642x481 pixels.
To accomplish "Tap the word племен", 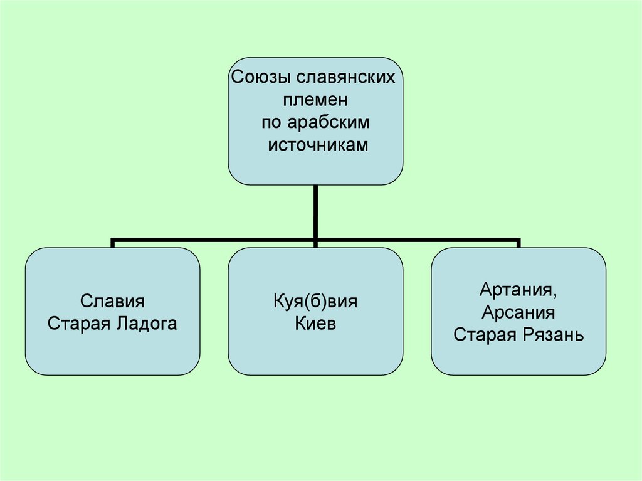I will [315, 100].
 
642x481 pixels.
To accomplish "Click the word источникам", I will [316, 144].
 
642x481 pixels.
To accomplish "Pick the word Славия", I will [113, 301].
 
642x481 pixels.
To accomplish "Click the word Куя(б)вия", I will [315, 301].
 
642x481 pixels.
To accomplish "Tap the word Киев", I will [315, 324].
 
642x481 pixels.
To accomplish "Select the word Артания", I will [518, 290].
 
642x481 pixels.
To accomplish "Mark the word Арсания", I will [518, 312].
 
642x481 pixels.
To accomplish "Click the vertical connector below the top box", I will [315, 210].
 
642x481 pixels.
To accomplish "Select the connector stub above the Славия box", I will [113, 243].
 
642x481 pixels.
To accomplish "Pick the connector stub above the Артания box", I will [518, 243].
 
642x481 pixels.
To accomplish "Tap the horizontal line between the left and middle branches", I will [213, 240].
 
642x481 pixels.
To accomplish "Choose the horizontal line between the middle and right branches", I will [417, 240].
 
